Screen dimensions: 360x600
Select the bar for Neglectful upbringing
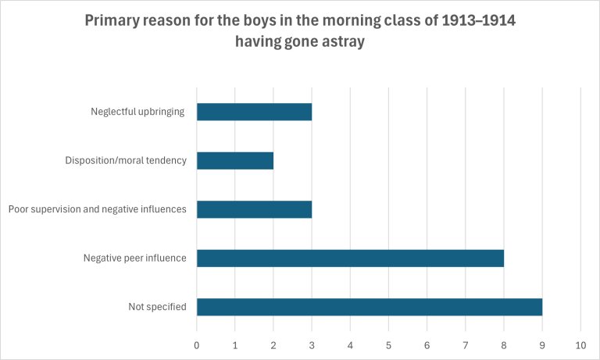[x=254, y=112]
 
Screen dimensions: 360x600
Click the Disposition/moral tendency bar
[x=235, y=160]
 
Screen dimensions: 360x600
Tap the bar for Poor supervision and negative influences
[x=254, y=209]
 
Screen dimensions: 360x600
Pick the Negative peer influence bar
[x=350, y=258]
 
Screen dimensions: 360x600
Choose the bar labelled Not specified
[x=369, y=307]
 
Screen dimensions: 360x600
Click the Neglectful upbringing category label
[x=137, y=112]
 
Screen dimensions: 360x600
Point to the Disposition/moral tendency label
[x=126, y=161]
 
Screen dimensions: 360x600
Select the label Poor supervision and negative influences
[x=97, y=209]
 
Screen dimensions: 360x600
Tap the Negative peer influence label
[x=134, y=258]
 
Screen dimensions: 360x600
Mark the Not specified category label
[x=157, y=307]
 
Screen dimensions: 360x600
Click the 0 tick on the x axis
[x=197, y=344]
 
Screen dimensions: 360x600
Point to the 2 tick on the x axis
[x=273, y=344]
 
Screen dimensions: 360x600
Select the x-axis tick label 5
[x=388, y=344]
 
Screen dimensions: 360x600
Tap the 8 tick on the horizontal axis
[x=504, y=344]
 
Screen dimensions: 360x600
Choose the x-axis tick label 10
[x=580, y=344]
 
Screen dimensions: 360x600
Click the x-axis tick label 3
[x=312, y=344]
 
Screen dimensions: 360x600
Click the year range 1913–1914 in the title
[x=476, y=21]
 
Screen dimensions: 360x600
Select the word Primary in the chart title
[x=114, y=21]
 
